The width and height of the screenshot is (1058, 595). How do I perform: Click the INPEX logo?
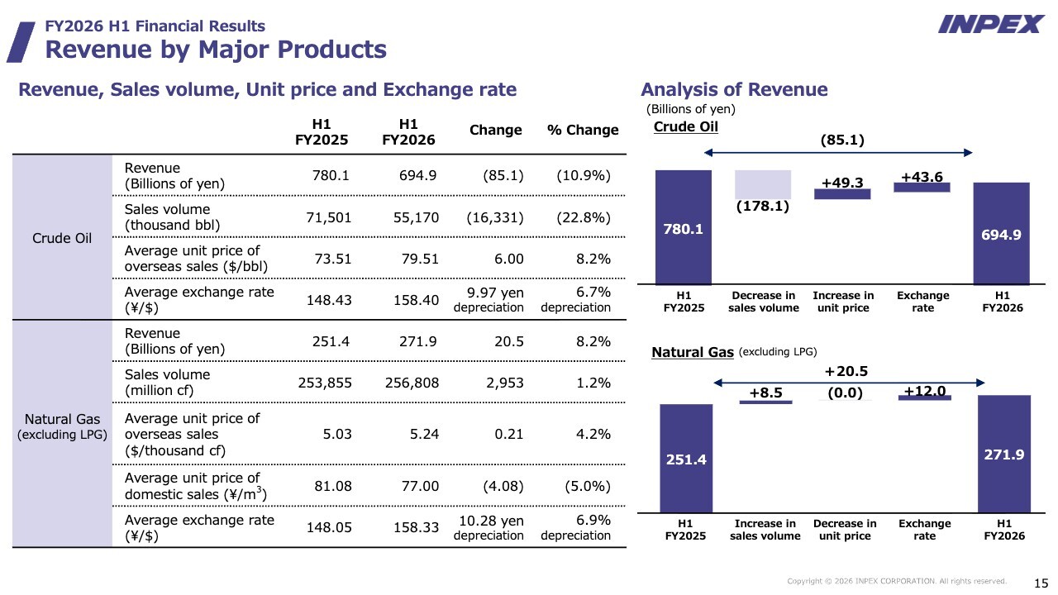point(991,24)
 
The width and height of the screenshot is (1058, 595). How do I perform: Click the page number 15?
point(1041,583)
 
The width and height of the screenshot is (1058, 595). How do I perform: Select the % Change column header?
point(583,130)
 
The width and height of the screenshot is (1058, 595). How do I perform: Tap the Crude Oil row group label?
point(62,238)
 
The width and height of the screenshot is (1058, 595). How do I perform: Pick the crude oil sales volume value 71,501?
point(329,217)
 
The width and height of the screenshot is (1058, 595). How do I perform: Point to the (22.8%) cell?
point(584,217)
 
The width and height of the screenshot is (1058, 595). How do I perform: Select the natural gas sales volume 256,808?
point(412,383)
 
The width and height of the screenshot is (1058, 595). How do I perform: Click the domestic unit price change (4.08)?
point(503,486)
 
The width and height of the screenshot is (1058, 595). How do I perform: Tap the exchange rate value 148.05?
point(329,527)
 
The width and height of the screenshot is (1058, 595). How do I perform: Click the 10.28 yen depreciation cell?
point(488,527)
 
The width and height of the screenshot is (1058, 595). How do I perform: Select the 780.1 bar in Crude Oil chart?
point(684,227)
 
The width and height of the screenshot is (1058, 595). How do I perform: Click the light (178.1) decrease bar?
point(763,184)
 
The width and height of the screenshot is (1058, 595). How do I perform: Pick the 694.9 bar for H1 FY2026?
point(1001,233)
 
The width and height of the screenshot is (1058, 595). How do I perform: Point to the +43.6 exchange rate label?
point(922,177)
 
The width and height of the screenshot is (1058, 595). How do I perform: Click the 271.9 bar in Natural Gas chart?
point(1004,454)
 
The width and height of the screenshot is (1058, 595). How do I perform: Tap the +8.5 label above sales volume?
point(765,393)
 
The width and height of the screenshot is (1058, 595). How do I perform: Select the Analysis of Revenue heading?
point(734,89)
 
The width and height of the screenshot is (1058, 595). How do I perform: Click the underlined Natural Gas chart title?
point(693,352)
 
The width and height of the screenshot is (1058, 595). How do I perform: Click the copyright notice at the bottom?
point(897,581)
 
